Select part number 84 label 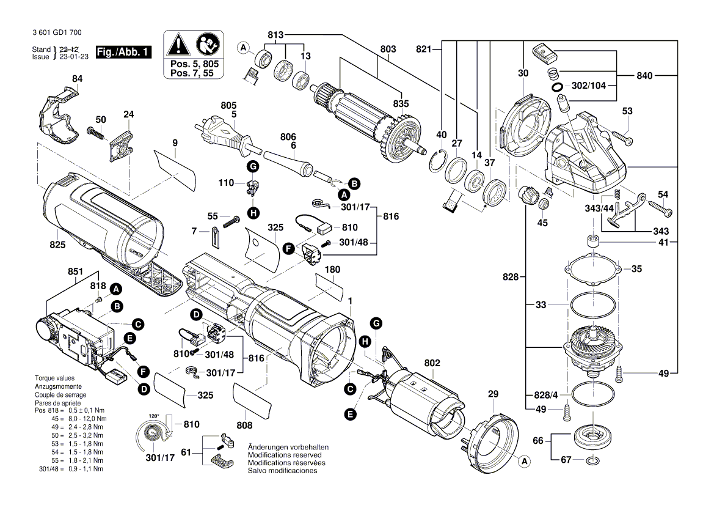76,79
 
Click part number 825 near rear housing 57,245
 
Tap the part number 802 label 432,363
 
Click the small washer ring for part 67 592,460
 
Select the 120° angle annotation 154,416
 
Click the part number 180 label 332,269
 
